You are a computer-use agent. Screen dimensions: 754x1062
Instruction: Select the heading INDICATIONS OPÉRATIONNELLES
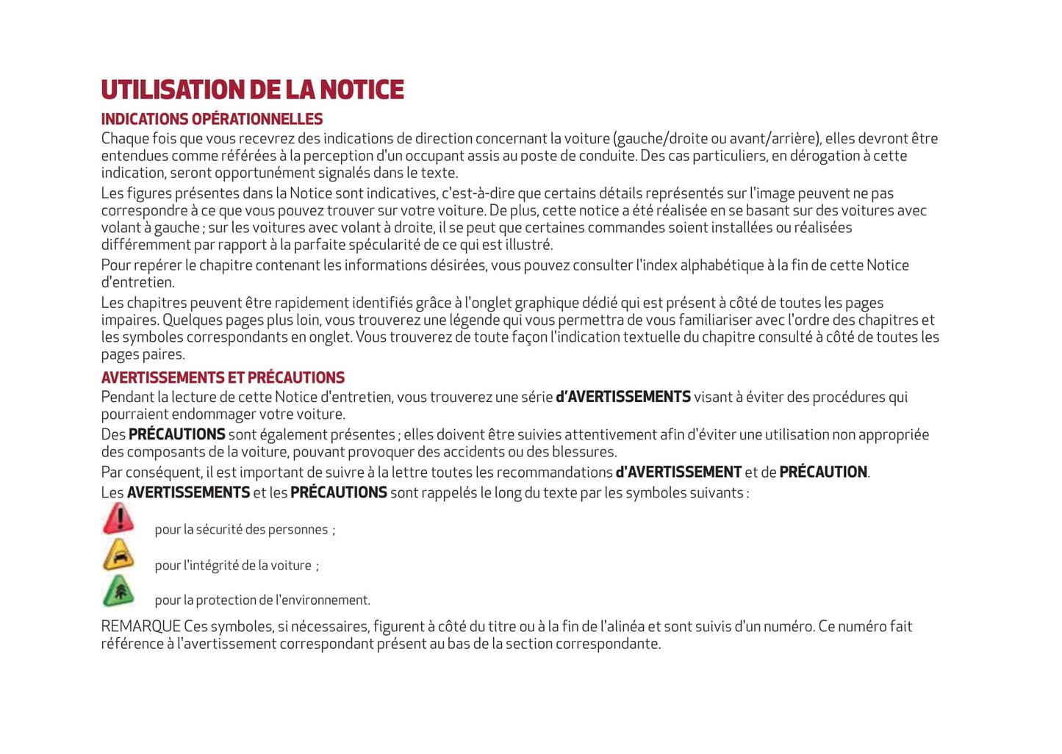[212, 119]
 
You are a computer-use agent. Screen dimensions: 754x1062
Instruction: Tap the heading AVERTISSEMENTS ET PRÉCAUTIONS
[223, 378]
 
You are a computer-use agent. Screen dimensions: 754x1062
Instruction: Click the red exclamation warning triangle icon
[118, 520]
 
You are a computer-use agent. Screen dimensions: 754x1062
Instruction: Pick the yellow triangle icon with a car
[118, 556]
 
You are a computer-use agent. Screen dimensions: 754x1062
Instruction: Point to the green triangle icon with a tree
[118, 591]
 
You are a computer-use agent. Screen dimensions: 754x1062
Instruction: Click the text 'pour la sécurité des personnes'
[241, 530]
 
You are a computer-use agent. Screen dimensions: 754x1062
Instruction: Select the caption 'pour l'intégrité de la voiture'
[233, 565]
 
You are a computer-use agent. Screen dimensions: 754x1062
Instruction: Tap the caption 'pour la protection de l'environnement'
[262, 600]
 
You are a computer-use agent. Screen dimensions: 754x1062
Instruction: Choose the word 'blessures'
[584, 452]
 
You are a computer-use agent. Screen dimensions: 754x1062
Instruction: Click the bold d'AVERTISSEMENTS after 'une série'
[623, 397]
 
